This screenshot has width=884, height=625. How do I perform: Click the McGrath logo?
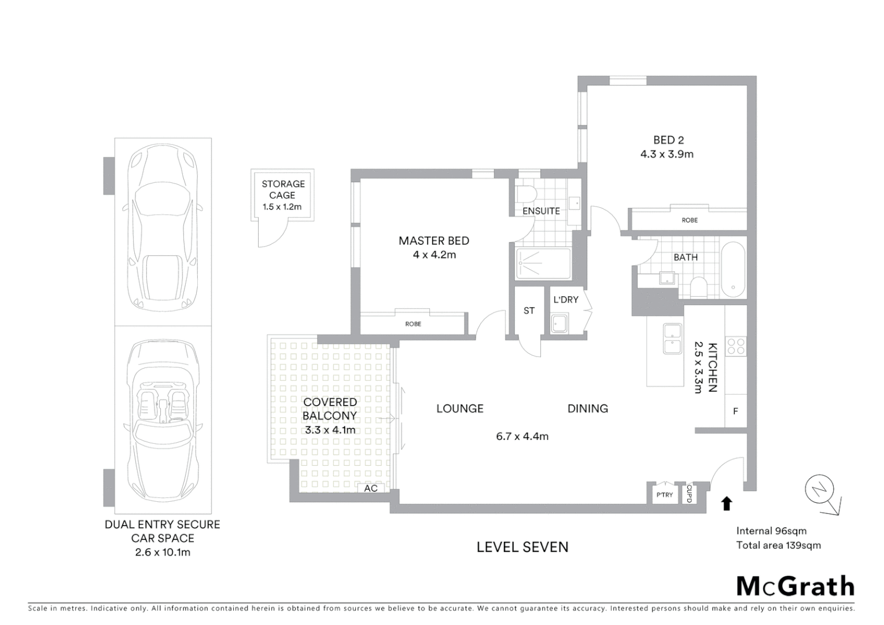[795, 586]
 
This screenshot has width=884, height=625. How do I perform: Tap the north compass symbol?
[819, 490]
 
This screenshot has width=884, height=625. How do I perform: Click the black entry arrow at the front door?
[727, 503]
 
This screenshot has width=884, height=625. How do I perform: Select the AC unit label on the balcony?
[371, 488]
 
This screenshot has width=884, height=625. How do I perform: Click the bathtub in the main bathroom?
[733, 270]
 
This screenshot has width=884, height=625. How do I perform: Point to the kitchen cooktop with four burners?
[736, 346]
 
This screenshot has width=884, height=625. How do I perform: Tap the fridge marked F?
[735, 411]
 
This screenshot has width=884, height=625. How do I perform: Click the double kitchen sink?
[672, 339]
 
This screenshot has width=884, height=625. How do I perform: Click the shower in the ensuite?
[543, 264]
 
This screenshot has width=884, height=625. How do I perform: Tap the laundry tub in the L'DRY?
[559, 323]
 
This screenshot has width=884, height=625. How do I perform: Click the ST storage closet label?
[529, 311]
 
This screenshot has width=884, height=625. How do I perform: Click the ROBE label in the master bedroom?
[413, 324]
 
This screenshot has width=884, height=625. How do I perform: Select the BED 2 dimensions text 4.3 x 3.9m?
[666, 154]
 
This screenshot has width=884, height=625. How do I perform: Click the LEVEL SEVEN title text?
[522, 547]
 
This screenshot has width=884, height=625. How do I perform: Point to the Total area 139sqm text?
[778, 545]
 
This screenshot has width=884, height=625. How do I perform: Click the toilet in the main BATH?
[699, 286]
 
